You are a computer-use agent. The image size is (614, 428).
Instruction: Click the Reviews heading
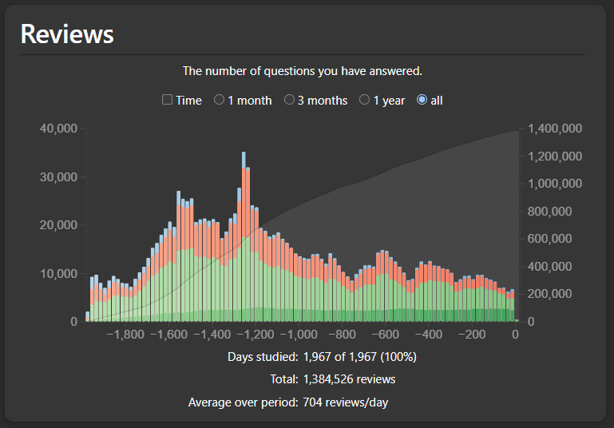pyautogui.click(x=67, y=34)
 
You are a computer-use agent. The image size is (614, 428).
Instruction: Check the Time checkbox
pyautogui.click(x=167, y=100)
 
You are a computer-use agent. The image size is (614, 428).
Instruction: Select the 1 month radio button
pyautogui.click(x=219, y=100)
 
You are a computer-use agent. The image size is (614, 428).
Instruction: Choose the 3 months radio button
pyautogui.click(x=290, y=100)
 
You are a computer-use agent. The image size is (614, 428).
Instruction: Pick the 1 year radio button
pyautogui.click(x=365, y=100)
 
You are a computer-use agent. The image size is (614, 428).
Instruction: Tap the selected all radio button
pyautogui.click(x=422, y=100)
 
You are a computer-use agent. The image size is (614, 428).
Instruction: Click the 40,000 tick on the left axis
pyautogui.click(x=58, y=129)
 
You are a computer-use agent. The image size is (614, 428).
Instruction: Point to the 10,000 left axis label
pyautogui.click(x=58, y=273)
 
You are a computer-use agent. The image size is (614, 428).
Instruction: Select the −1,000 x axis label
pyautogui.click(x=302, y=335)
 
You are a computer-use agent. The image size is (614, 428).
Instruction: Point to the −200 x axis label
pyautogui.click(x=473, y=335)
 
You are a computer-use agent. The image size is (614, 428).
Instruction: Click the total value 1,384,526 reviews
pyautogui.click(x=349, y=379)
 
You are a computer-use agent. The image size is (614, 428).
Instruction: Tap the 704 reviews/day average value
pyautogui.click(x=346, y=402)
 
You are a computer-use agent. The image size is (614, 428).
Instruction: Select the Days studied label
pyautogui.click(x=263, y=356)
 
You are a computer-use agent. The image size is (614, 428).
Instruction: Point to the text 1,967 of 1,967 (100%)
pyautogui.click(x=359, y=356)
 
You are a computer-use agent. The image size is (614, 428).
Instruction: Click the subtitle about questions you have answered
pyautogui.click(x=303, y=71)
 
